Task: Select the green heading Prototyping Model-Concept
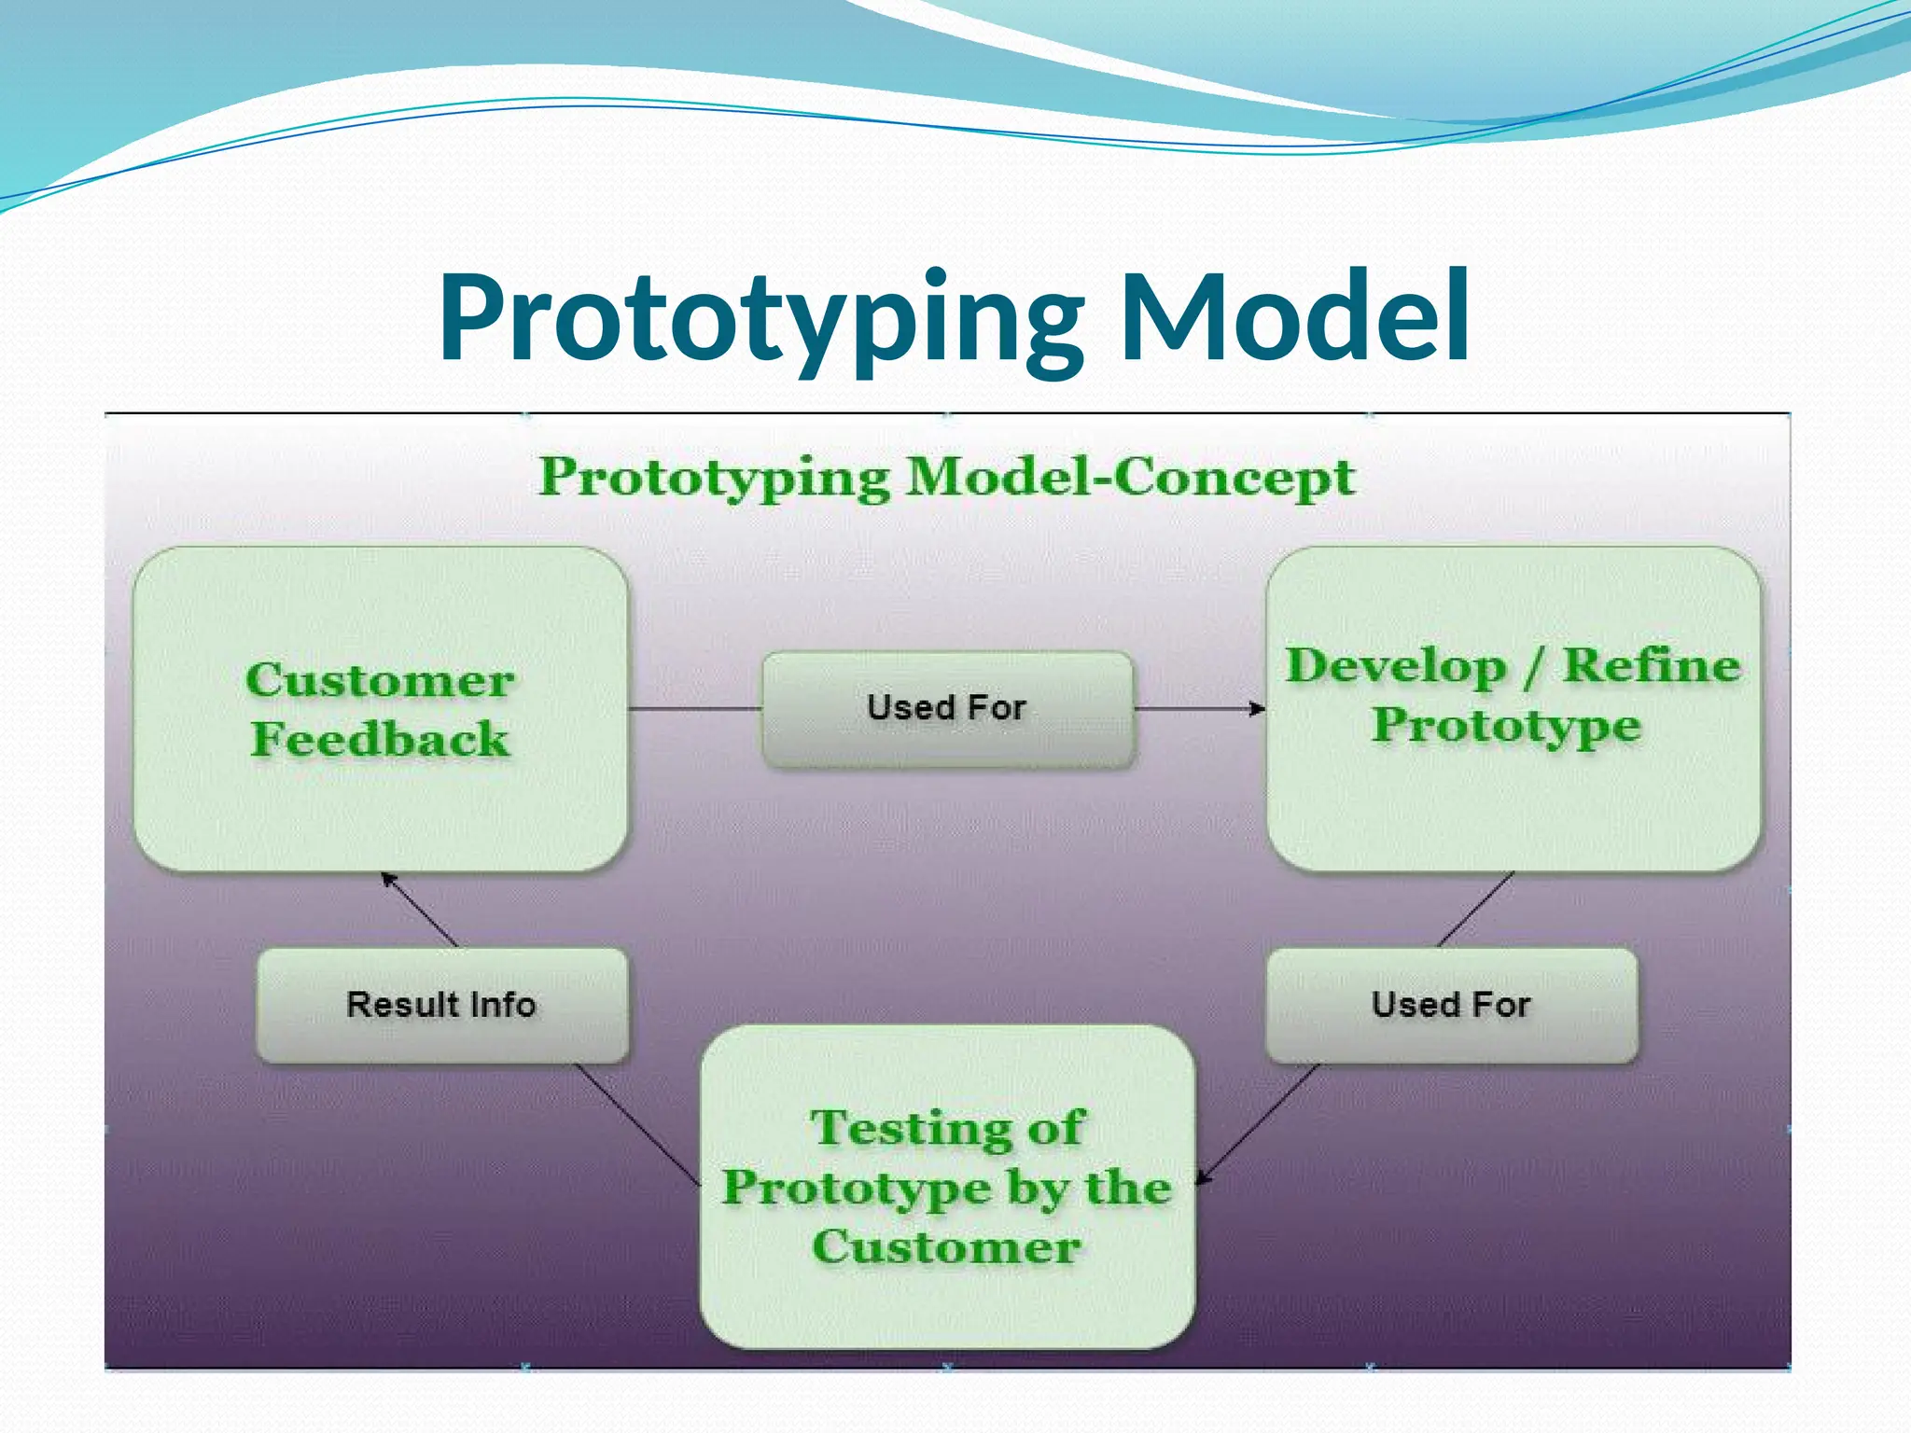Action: pyautogui.click(x=946, y=477)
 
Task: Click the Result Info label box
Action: pyautogui.click(x=441, y=1005)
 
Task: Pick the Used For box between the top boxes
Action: pyautogui.click(x=947, y=708)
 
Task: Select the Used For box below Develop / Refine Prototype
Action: pyautogui.click(x=1451, y=1005)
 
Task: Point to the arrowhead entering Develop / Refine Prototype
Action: pyautogui.click(x=1259, y=709)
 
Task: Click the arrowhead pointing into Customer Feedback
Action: pyautogui.click(x=388, y=879)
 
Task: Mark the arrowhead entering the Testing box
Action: pyautogui.click(x=1204, y=1178)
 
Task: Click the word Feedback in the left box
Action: pyautogui.click(x=381, y=739)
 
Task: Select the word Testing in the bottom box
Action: pyautogui.click(x=911, y=1128)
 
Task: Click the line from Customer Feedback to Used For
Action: pyautogui.click(x=695, y=709)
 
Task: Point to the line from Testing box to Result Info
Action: pyautogui.click(x=637, y=1122)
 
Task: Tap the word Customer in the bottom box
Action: pyautogui.click(x=946, y=1246)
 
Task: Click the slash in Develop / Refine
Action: pyautogui.click(x=1534, y=668)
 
